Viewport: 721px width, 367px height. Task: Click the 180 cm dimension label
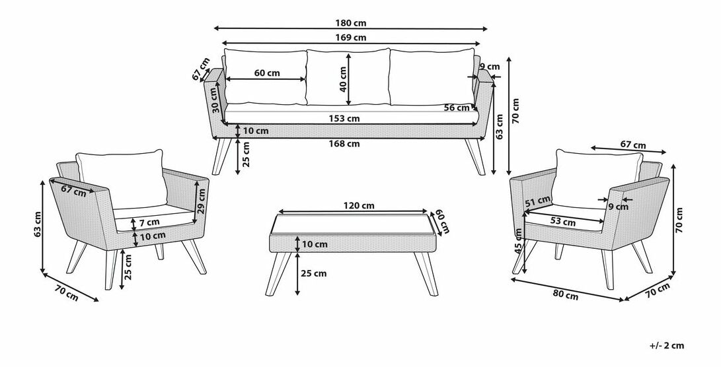[350, 23]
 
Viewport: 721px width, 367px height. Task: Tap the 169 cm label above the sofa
[350, 37]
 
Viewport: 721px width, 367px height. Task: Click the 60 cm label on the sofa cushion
[267, 73]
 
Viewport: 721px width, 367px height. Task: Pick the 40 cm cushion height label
[343, 79]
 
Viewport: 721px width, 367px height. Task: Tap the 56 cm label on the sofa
[457, 108]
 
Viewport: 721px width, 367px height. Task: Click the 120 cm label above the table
[359, 205]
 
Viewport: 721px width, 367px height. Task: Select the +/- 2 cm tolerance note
[667, 345]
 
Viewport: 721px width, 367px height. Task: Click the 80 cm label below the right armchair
[565, 296]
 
